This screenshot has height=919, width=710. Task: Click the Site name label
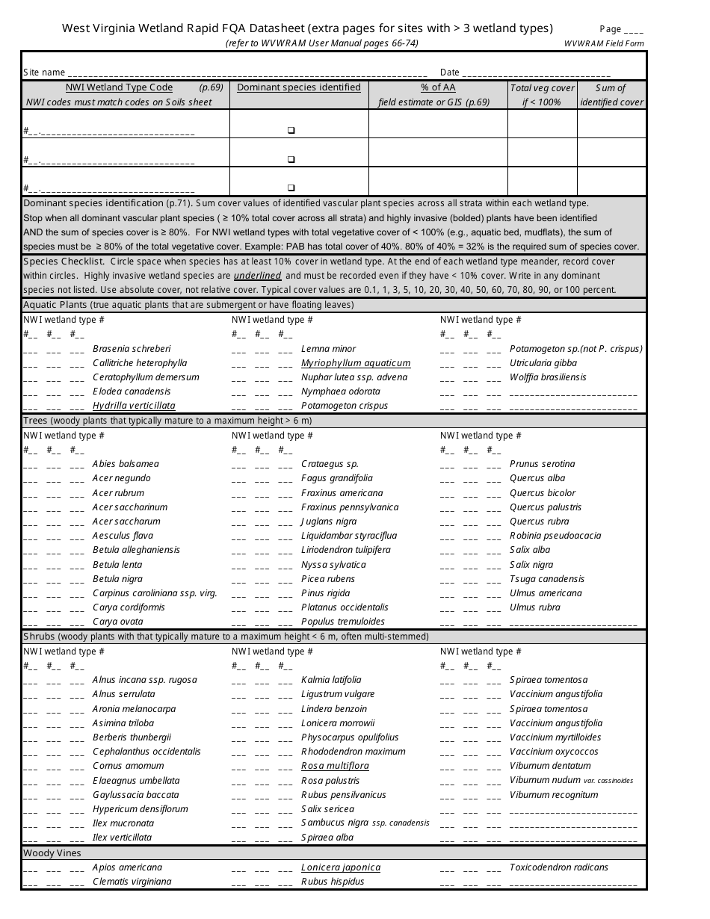point(44,72)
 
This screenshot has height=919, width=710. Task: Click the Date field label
point(449,72)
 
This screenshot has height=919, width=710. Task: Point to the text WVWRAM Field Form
point(604,43)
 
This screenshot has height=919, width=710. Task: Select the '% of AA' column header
point(438,87)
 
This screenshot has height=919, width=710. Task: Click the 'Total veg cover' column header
point(542,87)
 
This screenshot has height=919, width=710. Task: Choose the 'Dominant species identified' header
point(298,87)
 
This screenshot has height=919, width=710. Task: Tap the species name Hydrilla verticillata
point(134,406)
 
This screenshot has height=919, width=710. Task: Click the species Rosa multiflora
point(335,766)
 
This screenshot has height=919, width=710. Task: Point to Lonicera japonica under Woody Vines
point(341,867)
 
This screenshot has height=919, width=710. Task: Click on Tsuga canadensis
point(547,579)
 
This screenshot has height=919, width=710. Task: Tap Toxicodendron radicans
point(558,867)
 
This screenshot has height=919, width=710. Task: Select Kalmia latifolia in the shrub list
point(331,680)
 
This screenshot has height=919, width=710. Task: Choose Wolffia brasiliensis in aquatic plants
point(548,377)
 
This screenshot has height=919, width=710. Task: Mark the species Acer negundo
point(121,478)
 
